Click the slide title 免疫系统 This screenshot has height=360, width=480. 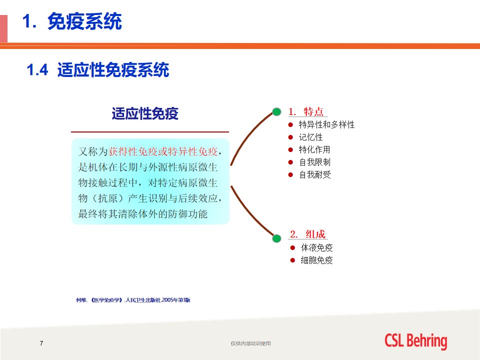84,21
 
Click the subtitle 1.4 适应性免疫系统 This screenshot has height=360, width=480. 98,70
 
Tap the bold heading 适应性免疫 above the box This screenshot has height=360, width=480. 145,113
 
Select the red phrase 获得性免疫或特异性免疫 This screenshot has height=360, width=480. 163,151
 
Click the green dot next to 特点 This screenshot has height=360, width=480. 276,111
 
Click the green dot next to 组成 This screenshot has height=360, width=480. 276,238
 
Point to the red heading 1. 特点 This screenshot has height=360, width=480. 306,111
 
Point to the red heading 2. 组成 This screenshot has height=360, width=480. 307,234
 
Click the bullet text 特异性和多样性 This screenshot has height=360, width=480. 326,124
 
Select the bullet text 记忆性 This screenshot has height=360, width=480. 310,137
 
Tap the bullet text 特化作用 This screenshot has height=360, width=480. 314,149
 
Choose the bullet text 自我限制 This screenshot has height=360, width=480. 315,162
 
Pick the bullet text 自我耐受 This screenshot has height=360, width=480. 315,175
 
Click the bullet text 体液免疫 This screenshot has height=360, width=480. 317,247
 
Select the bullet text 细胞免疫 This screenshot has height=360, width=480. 317,260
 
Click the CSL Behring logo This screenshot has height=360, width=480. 416,341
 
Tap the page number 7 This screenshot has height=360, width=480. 41,343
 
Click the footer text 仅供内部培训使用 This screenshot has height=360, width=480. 250,343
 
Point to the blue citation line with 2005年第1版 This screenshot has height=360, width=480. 133,300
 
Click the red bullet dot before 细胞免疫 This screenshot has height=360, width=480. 292,260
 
